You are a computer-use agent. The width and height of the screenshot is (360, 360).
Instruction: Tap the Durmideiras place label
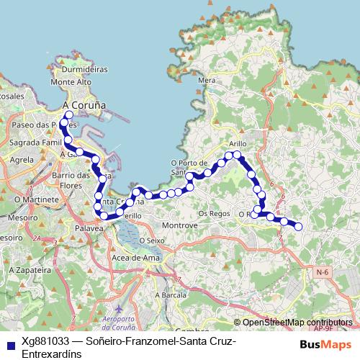point(84,70)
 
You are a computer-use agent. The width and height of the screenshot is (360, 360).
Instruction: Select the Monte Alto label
point(76,82)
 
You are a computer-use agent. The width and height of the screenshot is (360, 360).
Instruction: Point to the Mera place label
point(207,81)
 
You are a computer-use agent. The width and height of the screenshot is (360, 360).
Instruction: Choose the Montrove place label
point(180,225)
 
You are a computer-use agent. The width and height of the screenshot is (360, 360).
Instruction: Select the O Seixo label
point(153,240)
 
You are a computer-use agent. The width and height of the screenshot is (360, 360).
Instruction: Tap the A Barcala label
point(171,295)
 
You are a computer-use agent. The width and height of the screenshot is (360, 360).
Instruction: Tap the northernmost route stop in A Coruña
point(69,114)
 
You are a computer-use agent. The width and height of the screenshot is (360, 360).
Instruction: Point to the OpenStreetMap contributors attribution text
point(297,322)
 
